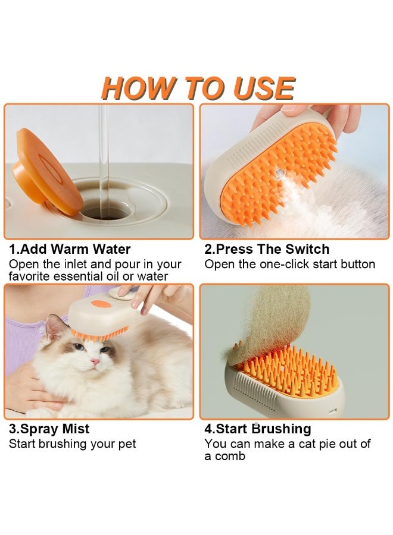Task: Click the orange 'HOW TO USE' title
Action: click(198, 88)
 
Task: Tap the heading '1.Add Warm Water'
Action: click(70, 249)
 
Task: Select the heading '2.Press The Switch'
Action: click(267, 249)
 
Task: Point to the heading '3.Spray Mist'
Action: click(49, 429)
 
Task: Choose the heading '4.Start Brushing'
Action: click(258, 429)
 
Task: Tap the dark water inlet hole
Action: click(106, 211)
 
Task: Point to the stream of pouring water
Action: click(104, 160)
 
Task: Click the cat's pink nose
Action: click(95, 361)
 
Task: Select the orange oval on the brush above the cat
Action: click(101, 303)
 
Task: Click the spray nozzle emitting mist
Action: click(279, 174)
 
